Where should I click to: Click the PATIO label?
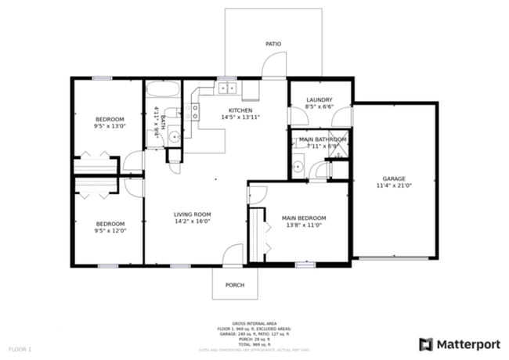[x=273, y=45]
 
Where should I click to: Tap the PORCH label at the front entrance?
[x=234, y=285]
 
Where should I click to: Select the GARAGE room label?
[x=393, y=178]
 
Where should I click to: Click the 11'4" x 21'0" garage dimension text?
[x=393, y=185]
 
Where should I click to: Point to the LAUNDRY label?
[x=319, y=99]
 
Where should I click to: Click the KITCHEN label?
[x=240, y=110]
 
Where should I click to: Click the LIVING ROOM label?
[x=192, y=214]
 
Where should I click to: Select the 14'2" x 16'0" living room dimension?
[x=192, y=221]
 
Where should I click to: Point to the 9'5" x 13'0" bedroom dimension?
[x=110, y=126]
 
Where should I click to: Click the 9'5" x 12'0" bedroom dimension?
[x=110, y=230]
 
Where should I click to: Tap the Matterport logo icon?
[x=426, y=344]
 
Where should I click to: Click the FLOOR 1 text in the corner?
[x=20, y=348]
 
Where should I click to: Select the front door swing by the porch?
[x=232, y=255]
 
